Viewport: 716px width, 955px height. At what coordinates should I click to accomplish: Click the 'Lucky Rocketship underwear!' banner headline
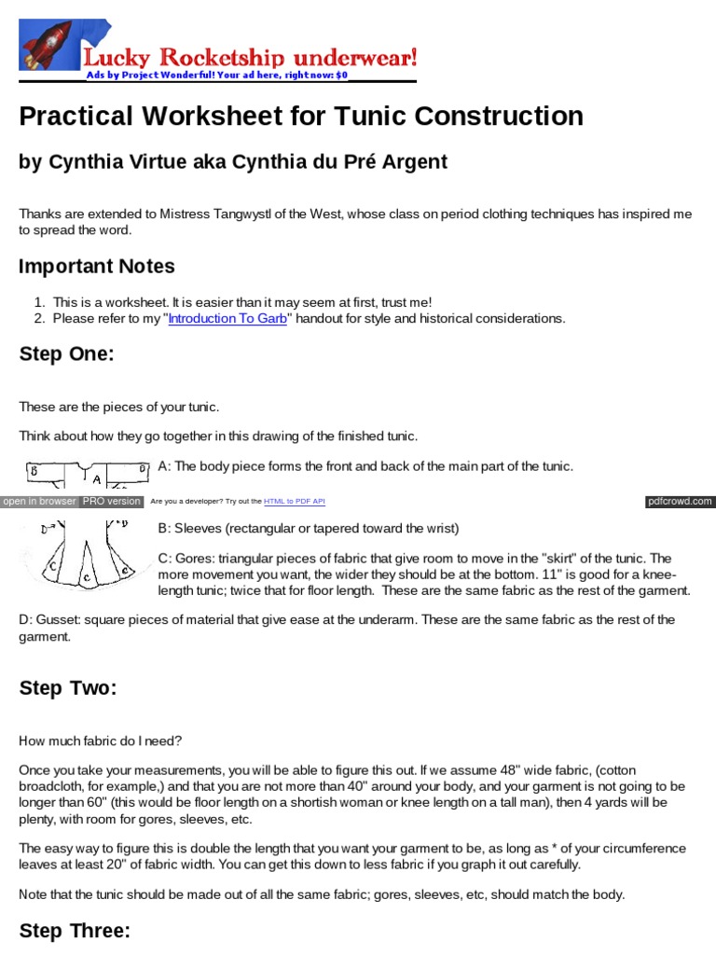click(x=250, y=56)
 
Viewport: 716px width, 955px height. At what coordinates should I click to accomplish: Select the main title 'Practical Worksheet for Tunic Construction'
click(x=301, y=117)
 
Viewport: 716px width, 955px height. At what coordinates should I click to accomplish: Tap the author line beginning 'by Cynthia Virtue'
click(x=233, y=161)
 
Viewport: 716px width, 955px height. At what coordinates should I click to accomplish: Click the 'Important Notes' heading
click(x=97, y=266)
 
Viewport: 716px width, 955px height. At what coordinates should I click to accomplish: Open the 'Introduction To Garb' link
click(x=227, y=318)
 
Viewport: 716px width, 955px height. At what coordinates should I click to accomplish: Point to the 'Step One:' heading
click(x=65, y=354)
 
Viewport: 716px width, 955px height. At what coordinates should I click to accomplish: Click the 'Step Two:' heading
click(x=68, y=688)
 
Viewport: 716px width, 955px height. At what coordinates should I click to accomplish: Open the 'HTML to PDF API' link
click(x=295, y=502)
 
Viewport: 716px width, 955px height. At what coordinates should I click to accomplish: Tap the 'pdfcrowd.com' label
click(x=680, y=502)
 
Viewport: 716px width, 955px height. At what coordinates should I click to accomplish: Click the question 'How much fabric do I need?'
click(x=101, y=740)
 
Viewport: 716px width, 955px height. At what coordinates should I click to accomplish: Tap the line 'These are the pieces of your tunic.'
click(x=118, y=407)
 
